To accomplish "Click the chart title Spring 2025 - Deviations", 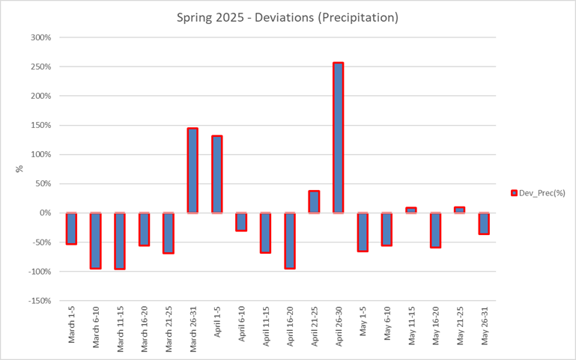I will point(288,16).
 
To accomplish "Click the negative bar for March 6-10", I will point(96,240).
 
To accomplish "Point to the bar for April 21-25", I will point(314,202).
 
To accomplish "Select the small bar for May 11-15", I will point(410,210).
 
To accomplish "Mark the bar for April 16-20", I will point(289,240).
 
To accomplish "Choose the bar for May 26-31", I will point(483,223).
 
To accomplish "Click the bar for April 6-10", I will point(241,222).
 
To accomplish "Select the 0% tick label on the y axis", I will point(45,213).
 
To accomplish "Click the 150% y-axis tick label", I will point(42,125).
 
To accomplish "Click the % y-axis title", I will point(20,169).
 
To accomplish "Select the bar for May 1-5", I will point(362,232).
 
